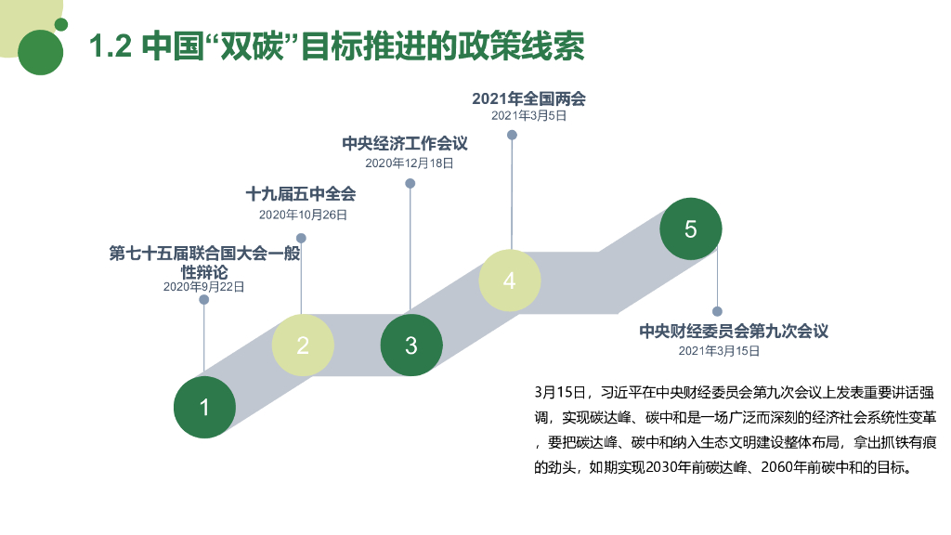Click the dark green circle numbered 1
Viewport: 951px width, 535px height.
[205, 407]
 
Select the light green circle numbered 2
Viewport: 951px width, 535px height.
[303, 346]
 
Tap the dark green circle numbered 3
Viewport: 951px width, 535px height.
[411, 346]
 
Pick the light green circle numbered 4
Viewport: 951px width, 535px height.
[509, 281]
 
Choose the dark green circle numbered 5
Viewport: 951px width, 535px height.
[690, 229]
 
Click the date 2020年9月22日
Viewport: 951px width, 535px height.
[204, 287]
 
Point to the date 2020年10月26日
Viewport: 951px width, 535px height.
[303, 215]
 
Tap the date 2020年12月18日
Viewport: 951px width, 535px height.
[410, 163]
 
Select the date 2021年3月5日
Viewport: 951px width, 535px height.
[528, 116]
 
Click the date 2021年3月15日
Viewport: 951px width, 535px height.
[719, 350]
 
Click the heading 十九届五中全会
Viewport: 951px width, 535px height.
[301, 195]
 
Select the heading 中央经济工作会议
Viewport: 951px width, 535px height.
[404, 143]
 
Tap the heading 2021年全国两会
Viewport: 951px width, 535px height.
[528, 98]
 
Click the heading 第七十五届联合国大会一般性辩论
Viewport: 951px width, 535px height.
[204, 262]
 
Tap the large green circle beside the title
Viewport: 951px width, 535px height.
[41, 51]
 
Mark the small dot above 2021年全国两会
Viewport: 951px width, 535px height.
[512, 135]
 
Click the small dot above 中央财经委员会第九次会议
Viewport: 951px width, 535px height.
[717, 311]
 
